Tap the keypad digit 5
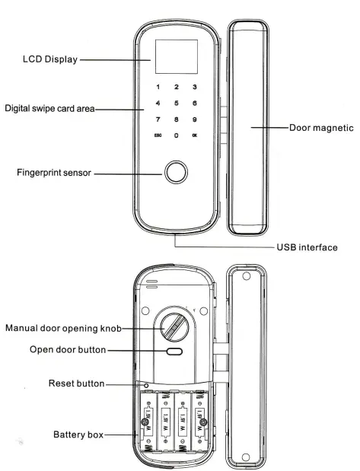(176, 102)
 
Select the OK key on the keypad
(195, 135)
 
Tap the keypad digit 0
(176, 135)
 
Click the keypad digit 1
(158, 88)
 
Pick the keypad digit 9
(195, 119)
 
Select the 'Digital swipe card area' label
(49, 108)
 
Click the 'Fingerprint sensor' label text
(54, 173)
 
